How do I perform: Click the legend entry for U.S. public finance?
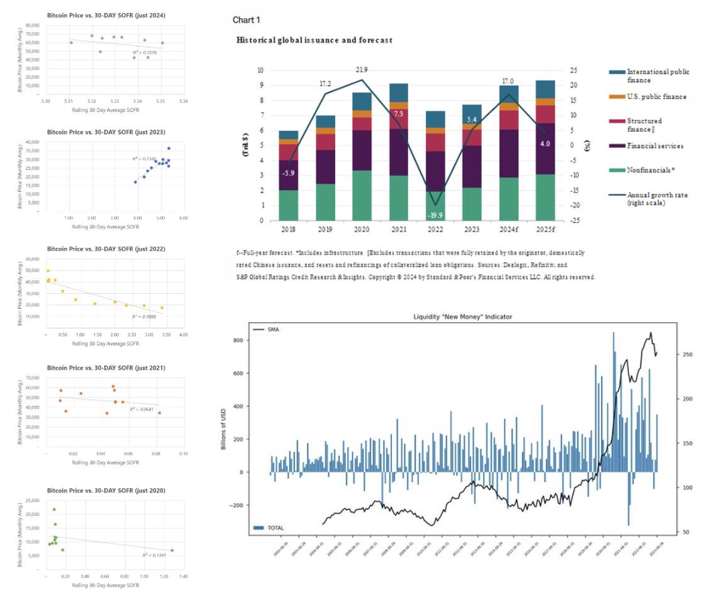(648, 96)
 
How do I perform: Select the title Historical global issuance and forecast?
(314, 40)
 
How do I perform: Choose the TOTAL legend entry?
(274, 527)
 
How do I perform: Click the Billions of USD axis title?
(233, 427)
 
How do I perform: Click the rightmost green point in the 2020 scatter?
(172, 550)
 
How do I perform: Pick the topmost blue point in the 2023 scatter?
(169, 148)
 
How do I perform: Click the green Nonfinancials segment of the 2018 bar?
(288, 205)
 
